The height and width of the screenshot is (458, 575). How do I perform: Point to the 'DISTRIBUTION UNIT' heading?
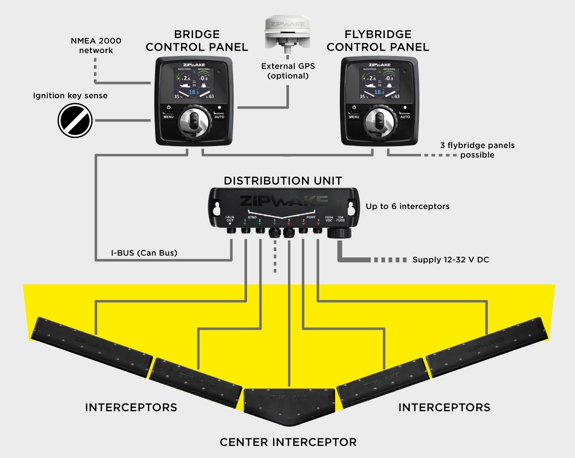tap(283, 181)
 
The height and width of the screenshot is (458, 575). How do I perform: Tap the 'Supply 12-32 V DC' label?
tap(451, 259)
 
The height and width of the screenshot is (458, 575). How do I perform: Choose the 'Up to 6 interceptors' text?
tap(407, 206)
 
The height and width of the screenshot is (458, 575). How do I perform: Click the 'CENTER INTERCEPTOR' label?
tap(288, 442)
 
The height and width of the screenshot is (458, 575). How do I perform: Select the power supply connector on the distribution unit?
tap(339, 233)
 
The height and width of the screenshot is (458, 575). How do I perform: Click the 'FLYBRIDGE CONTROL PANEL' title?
tap(378, 40)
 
